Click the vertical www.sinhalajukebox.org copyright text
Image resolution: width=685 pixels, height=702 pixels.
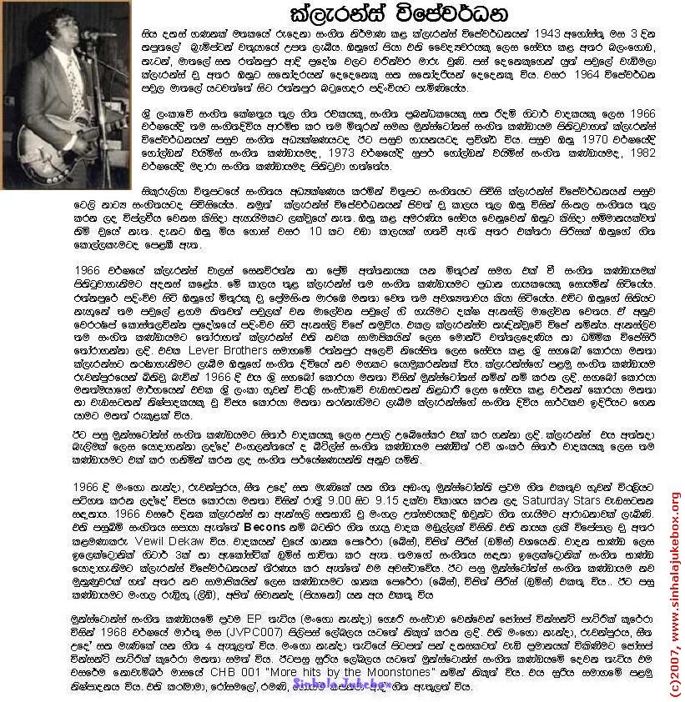(674, 592)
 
